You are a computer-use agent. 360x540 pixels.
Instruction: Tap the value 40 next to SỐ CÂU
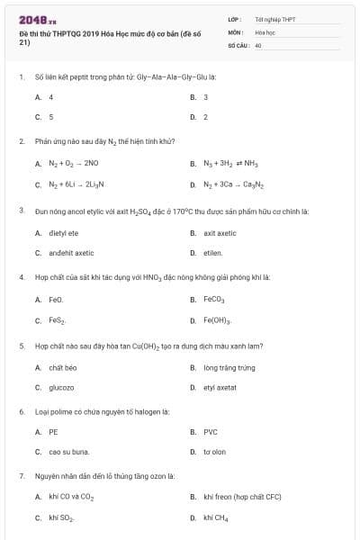coord(258,44)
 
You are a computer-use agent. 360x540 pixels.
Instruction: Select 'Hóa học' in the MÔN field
coord(265,31)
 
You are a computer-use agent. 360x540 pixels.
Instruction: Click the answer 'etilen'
coord(212,253)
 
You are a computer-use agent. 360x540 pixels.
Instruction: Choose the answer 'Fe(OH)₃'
coord(218,319)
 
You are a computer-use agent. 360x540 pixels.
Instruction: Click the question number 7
coord(21,475)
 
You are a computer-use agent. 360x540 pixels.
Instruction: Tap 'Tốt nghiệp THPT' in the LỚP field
coord(274,19)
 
